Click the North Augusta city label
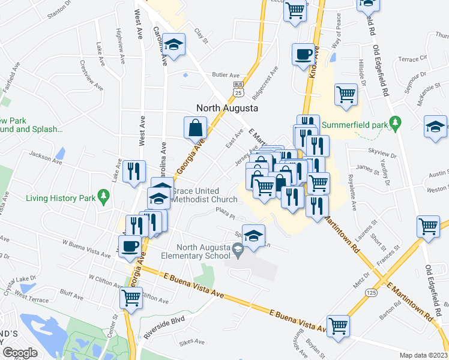coord(228,109)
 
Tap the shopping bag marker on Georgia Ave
coord(196,128)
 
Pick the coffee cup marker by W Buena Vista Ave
coord(130,246)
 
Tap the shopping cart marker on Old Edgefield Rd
coord(428,226)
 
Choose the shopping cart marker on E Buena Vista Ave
coord(339,326)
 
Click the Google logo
coord(20,353)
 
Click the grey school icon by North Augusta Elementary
coord(238,248)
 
